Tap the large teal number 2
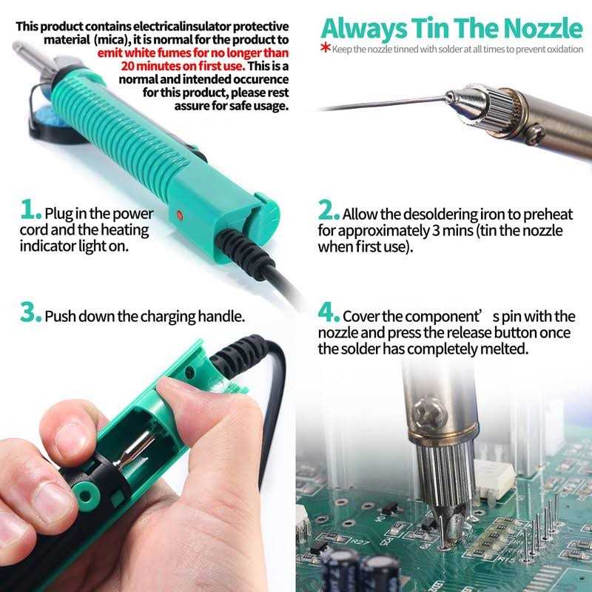(328, 212)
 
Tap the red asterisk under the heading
(325, 49)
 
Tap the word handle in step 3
(221, 317)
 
